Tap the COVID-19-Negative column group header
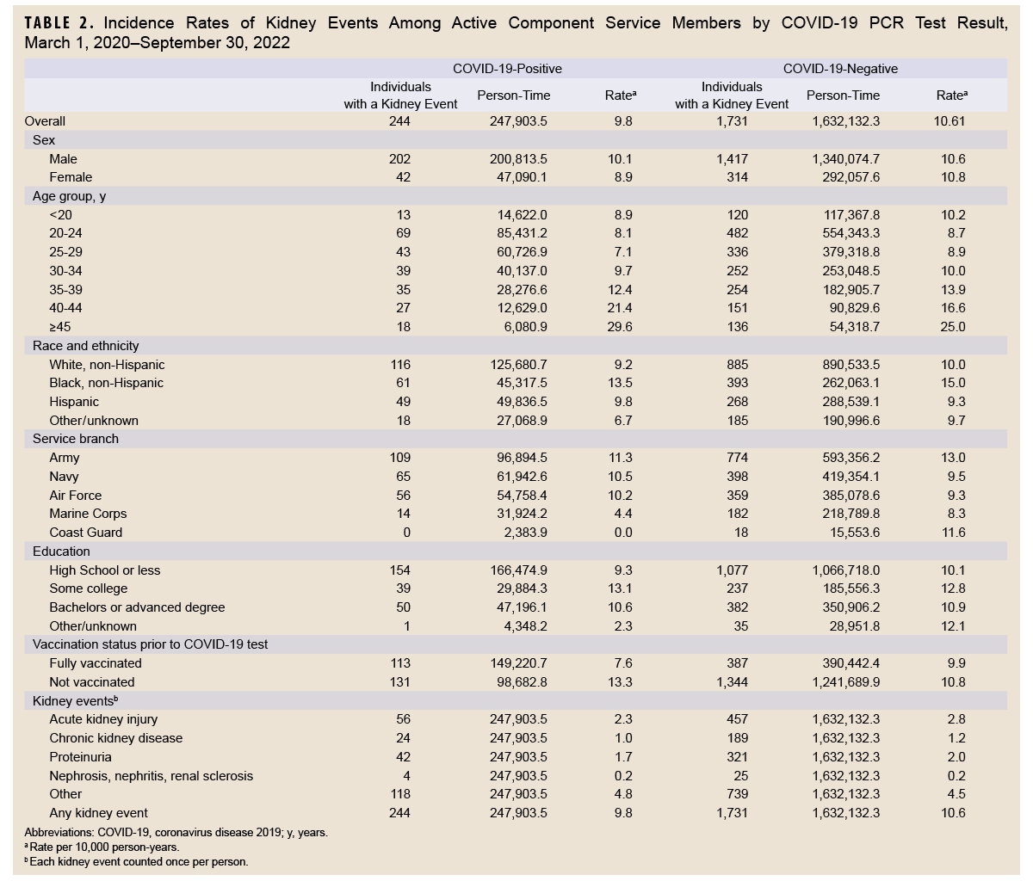[840, 68]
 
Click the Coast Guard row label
[86, 533]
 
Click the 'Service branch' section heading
[76, 439]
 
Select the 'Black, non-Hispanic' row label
[107, 383]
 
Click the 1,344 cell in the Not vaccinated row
[732, 682]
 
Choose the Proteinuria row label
[81, 757]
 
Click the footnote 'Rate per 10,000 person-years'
[102, 847]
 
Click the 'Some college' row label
[89, 588]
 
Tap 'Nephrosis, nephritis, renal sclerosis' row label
[152, 776]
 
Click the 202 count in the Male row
[399, 159]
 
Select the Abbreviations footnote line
[176, 833]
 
